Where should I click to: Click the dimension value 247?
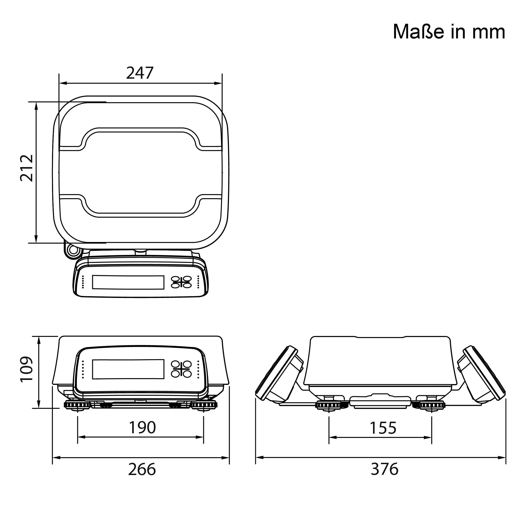tap(140, 73)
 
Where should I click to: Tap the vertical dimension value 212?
tap(27, 168)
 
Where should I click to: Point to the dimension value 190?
tap(142, 427)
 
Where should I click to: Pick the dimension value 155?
tap(383, 428)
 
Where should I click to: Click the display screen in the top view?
tap(128, 282)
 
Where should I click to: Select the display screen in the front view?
tap(128, 369)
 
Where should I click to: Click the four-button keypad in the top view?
tap(181, 282)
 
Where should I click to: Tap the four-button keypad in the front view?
tap(181, 369)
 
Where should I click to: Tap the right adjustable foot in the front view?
tap(204, 405)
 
